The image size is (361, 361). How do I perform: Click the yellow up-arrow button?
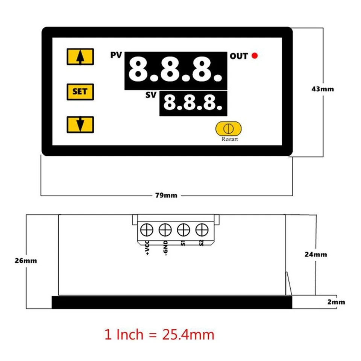click(x=80, y=57)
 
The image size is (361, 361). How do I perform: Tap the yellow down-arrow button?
click(x=80, y=124)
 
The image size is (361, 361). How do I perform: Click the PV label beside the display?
click(x=116, y=56)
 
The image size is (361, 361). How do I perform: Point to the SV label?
click(x=151, y=95)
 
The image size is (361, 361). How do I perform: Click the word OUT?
click(x=239, y=56)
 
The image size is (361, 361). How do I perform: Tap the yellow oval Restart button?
click(x=229, y=128)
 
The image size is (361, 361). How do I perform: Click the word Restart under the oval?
click(x=229, y=139)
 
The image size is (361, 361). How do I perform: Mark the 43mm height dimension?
click(x=323, y=89)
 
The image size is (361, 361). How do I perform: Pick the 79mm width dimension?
click(x=166, y=195)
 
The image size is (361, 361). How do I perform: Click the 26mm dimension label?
click(x=25, y=261)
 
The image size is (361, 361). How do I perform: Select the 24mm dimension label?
click(x=316, y=254)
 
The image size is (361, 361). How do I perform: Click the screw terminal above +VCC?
click(x=147, y=229)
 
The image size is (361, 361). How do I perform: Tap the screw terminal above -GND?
click(x=165, y=229)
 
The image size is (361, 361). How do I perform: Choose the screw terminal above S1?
click(x=183, y=229)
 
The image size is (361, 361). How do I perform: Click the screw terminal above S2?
click(x=202, y=229)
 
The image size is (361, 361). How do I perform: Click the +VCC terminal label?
click(x=147, y=248)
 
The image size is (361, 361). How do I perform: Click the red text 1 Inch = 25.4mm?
click(x=159, y=334)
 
